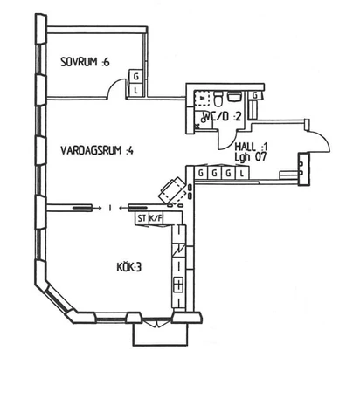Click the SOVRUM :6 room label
[x=85, y=62]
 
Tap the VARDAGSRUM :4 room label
[x=96, y=150]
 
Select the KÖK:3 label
[x=129, y=267]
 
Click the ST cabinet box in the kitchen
[x=141, y=217]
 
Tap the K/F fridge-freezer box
[x=156, y=217]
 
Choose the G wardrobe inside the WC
[x=254, y=94]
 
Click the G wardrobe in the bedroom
[x=135, y=77]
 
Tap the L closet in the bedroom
[x=135, y=88]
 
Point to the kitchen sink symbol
[x=178, y=284]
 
